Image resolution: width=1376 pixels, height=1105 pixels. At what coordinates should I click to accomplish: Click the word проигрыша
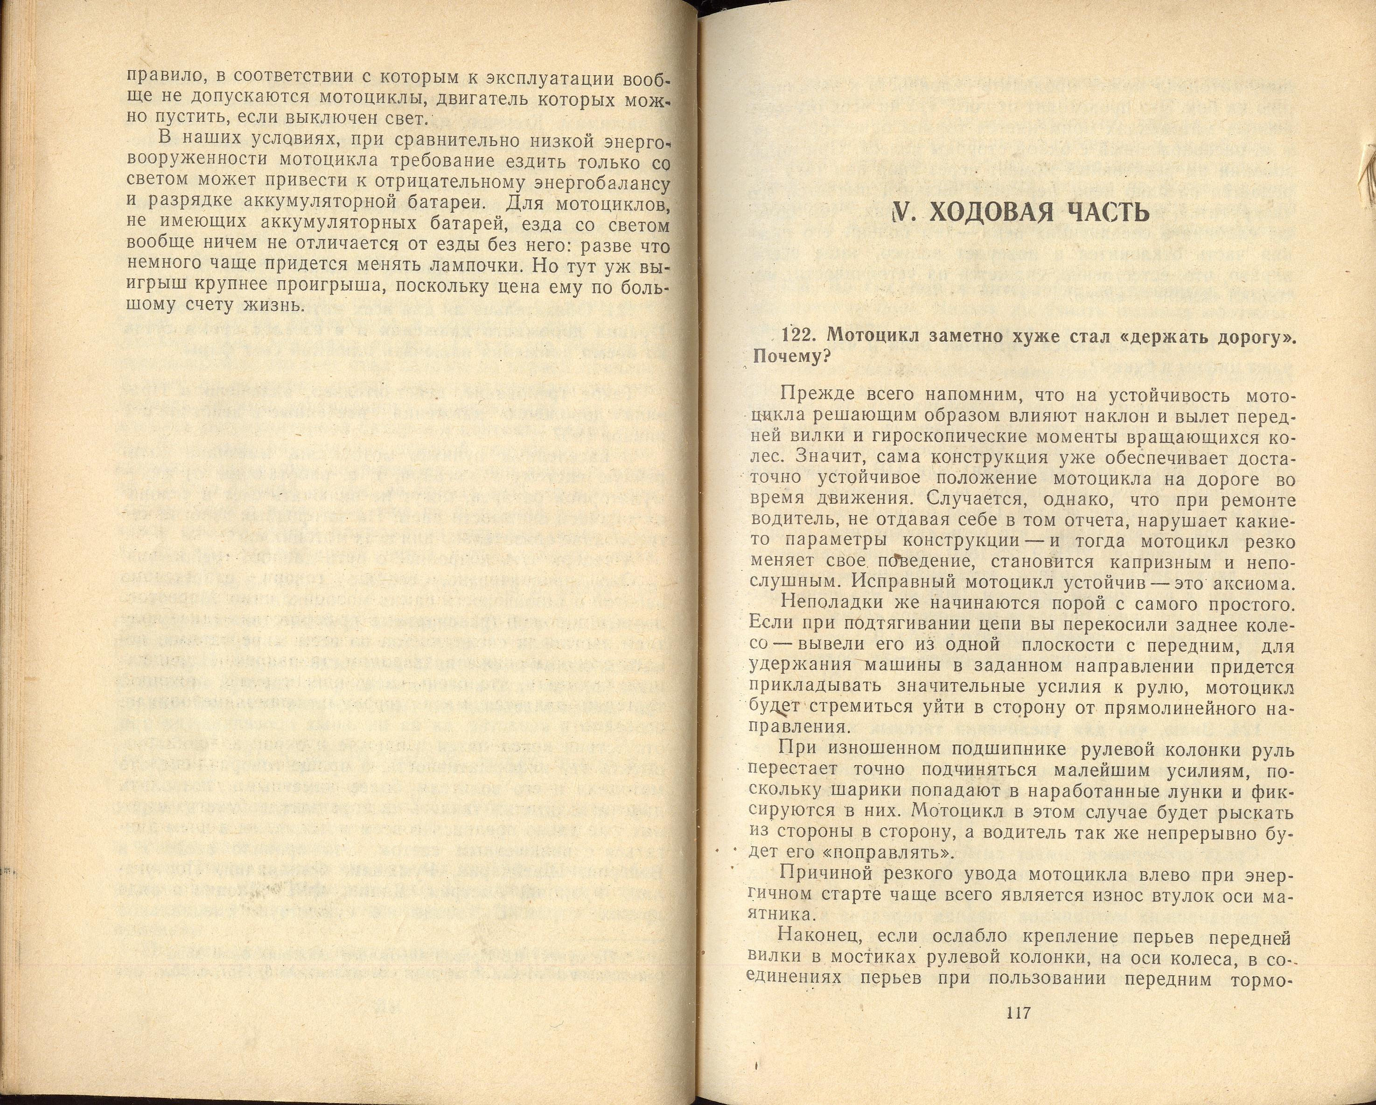[x=331, y=285]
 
